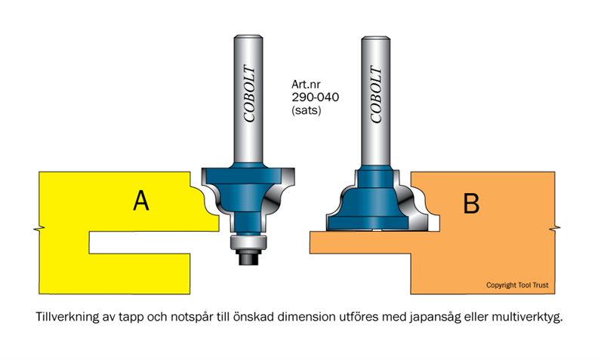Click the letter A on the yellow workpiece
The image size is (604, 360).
point(140,201)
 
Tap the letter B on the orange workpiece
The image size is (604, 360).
point(471,203)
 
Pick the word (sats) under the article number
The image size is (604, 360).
point(307,110)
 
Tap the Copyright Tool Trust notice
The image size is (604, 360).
point(516,285)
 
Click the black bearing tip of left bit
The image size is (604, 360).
point(248,256)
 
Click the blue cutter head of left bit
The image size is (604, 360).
point(245,185)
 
